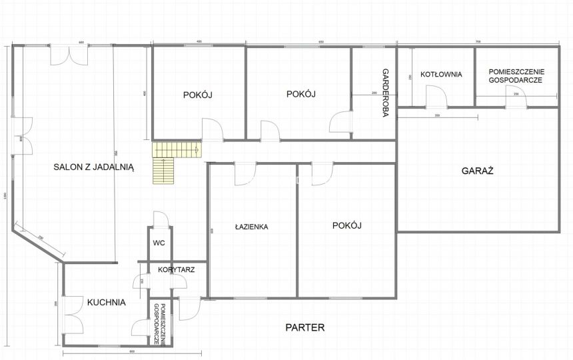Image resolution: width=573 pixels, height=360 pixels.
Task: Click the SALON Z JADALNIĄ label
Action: point(94,168)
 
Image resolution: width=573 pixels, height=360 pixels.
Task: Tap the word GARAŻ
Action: point(477,171)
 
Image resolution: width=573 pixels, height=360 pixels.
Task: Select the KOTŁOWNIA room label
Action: point(441,75)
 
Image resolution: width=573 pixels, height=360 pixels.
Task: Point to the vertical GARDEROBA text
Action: point(385,93)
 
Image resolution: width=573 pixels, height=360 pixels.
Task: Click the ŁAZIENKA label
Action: point(251,227)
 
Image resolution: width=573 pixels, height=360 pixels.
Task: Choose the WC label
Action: point(159,243)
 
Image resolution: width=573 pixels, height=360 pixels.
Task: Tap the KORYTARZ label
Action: point(176,270)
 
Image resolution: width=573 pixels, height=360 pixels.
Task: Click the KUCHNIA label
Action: point(106,302)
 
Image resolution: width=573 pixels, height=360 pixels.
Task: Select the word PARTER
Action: point(304,327)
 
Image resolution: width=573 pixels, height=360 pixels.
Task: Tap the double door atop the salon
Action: point(69,55)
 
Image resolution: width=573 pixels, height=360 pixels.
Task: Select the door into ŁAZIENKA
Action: point(245,173)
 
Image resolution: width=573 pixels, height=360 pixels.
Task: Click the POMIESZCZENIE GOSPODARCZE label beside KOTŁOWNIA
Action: point(516,75)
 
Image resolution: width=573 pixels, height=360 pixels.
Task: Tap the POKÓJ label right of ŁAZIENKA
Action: point(346,225)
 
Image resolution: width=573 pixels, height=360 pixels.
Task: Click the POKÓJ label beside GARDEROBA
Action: point(300,94)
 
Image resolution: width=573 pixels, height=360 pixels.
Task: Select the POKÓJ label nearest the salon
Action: point(197,95)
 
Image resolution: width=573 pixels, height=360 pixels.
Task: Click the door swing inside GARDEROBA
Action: point(340,121)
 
